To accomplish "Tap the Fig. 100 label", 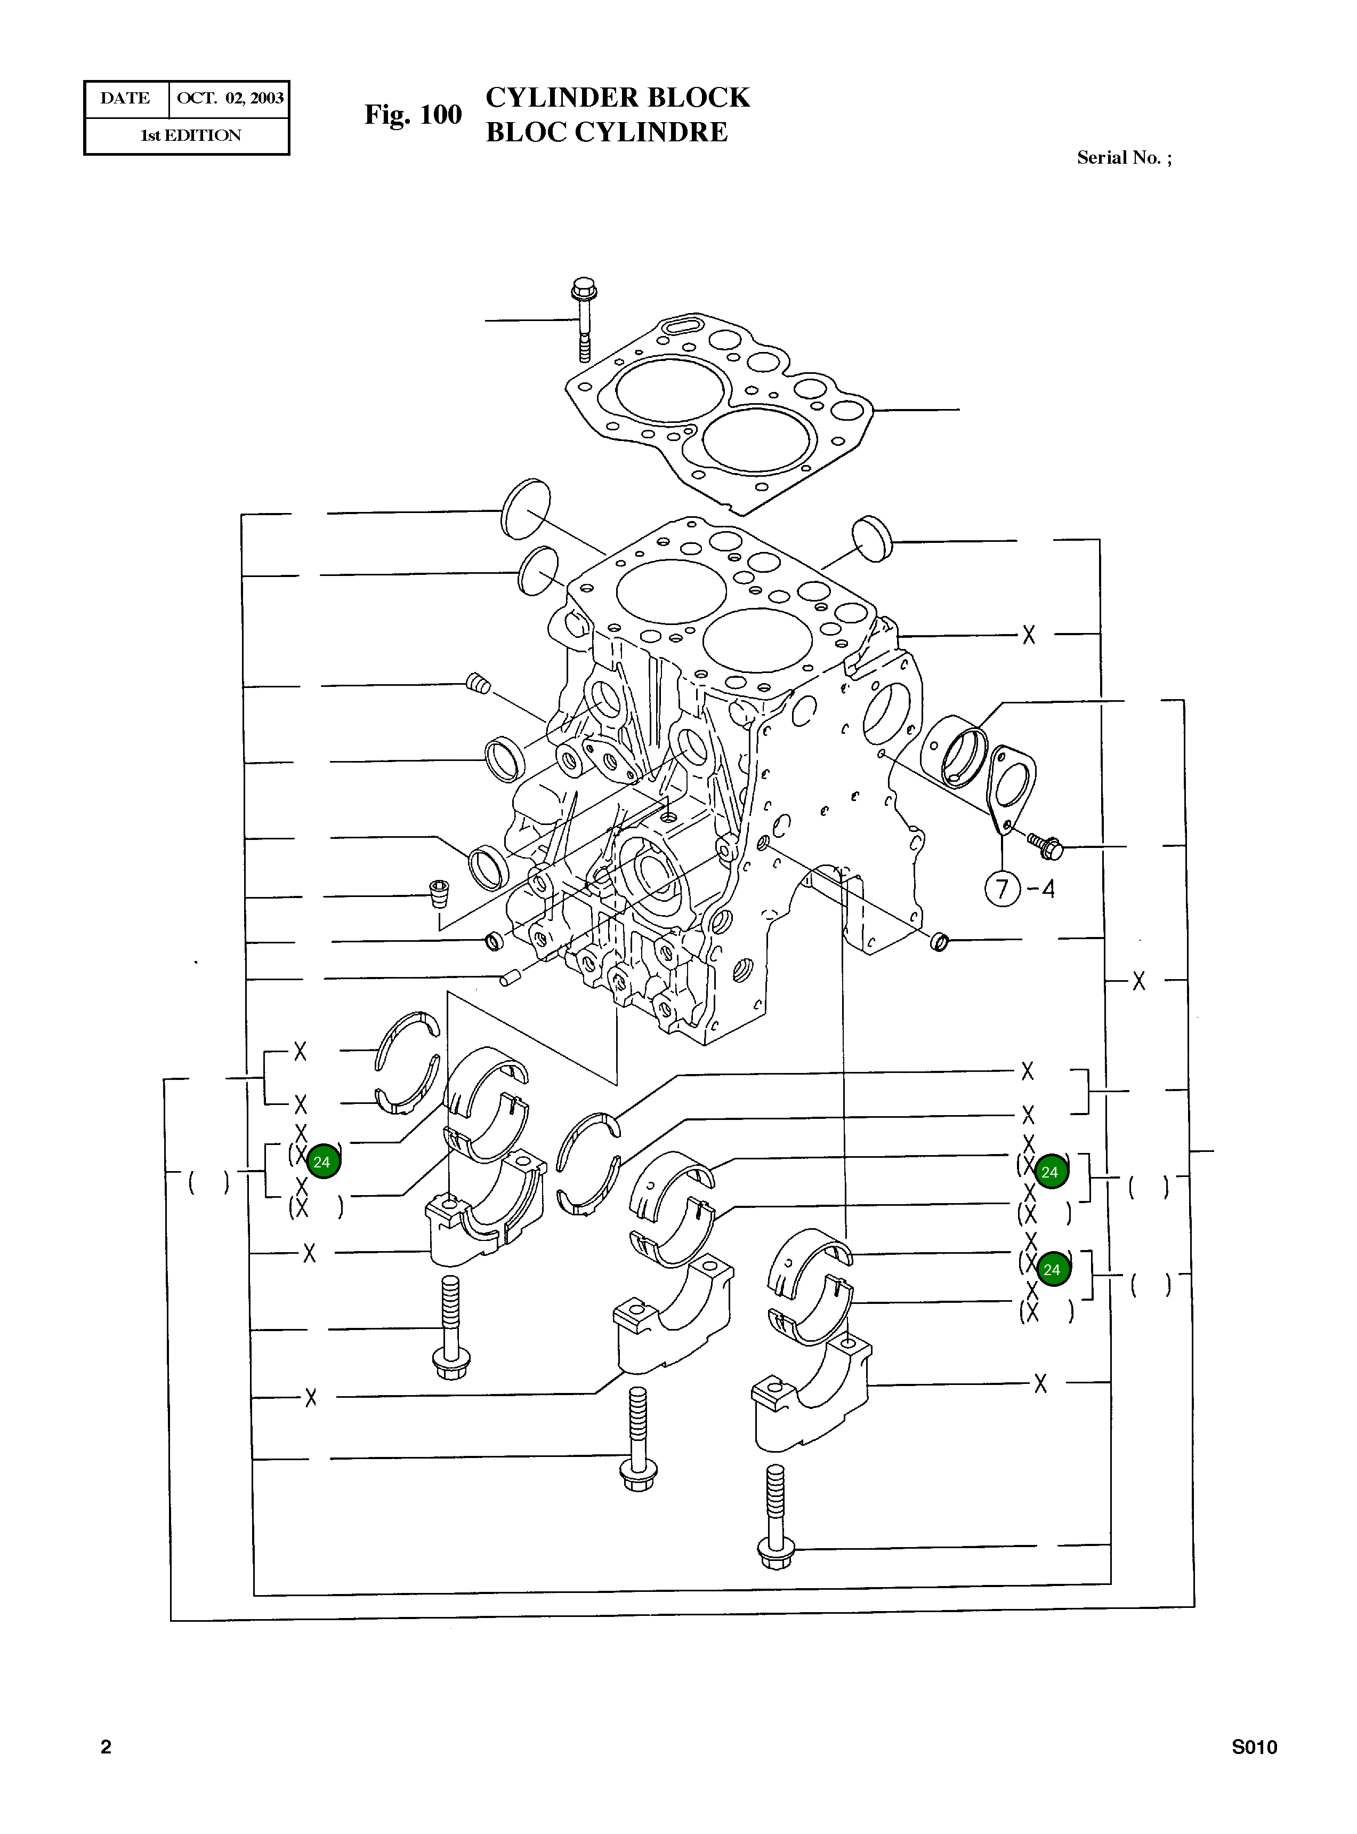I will (413, 114).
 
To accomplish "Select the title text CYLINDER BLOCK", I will (617, 98).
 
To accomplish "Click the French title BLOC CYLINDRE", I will (606, 132).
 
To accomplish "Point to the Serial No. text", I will (1123, 158).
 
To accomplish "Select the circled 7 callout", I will (1002, 889).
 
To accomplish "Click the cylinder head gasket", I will (719, 411).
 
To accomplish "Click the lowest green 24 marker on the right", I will (1052, 1269).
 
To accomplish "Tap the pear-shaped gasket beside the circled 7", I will (1011, 784).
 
